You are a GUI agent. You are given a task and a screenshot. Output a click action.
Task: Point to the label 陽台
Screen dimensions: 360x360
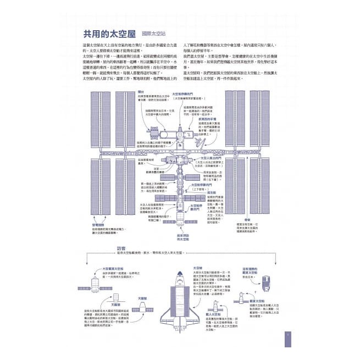[141, 91]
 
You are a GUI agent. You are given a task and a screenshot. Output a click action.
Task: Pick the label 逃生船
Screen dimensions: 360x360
[212, 192]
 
